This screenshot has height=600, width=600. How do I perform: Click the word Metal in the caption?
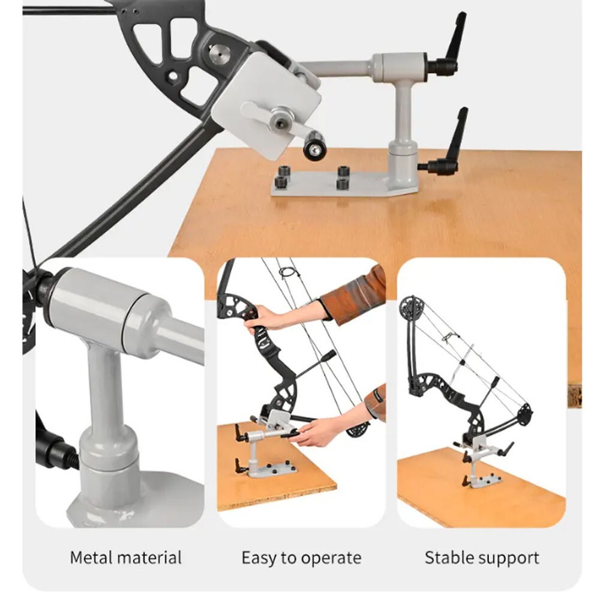(x=89, y=557)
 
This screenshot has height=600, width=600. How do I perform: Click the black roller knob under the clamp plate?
(x=314, y=146)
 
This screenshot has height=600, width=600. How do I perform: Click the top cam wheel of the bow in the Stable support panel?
(x=411, y=308)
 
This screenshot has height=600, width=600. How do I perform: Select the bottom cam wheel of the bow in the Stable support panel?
(x=523, y=414)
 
